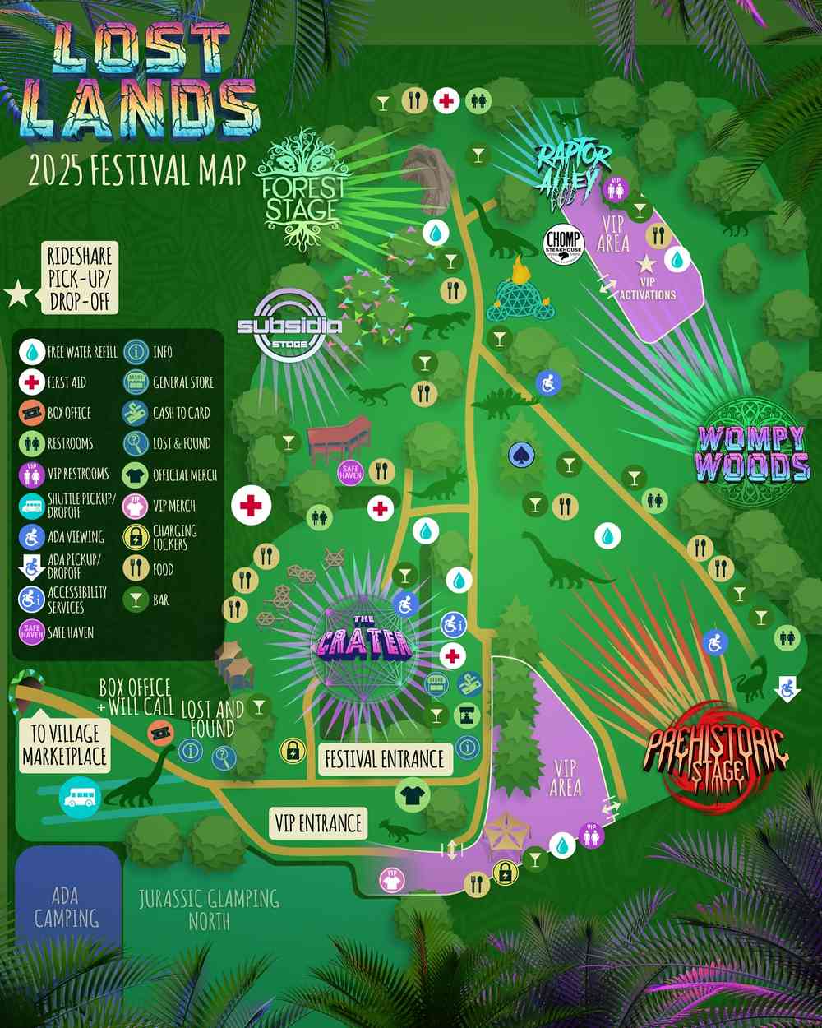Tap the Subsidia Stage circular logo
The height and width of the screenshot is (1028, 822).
tap(289, 326)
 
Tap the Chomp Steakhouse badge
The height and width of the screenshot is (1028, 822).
tap(563, 244)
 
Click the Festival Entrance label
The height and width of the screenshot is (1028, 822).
tap(384, 759)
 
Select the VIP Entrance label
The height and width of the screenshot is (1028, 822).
tap(318, 823)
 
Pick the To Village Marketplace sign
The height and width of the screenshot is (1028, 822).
tap(64, 745)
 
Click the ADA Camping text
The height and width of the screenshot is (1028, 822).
tap(66, 907)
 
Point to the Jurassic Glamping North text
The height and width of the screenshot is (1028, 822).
tap(209, 910)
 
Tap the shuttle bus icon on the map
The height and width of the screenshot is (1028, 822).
tap(80, 797)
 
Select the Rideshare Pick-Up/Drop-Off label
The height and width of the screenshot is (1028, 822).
tap(79, 278)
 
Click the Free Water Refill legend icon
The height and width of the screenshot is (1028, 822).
tap(31, 352)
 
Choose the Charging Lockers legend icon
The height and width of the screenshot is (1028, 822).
tap(136, 537)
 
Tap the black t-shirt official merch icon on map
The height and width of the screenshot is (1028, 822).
tap(411, 794)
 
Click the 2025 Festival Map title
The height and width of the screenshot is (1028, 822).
tap(137, 170)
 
